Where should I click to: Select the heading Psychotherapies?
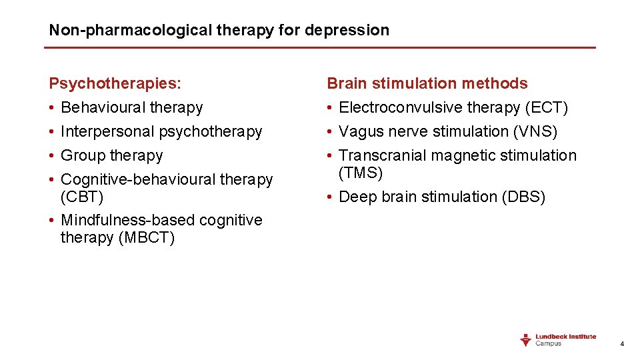pyautogui.click(x=115, y=83)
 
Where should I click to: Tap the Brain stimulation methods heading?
pyautogui.click(x=427, y=83)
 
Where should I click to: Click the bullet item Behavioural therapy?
pyautogui.click(x=131, y=107)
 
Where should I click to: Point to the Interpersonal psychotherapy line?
pyautogui.click(x=161, y=131)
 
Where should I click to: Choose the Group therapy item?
pyautogui.click(x=111, y=155)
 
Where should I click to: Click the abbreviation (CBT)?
pyautogui.click(x=82, y=197)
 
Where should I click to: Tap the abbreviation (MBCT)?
pyautogui.click(x=146, y=238)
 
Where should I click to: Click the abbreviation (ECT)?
pyautogui.click(x=546, y=107)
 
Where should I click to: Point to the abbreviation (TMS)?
pyautogui.click(x=361, y=173)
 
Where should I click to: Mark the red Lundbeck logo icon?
pyautogui.click(x=526, y=340)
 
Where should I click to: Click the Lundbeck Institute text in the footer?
pyautogui.click(x=566, y=337)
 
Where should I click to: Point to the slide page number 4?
pyautogui.click(x=622, y=344)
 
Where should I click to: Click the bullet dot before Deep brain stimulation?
pyautogui.click(x=330, y=197)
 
